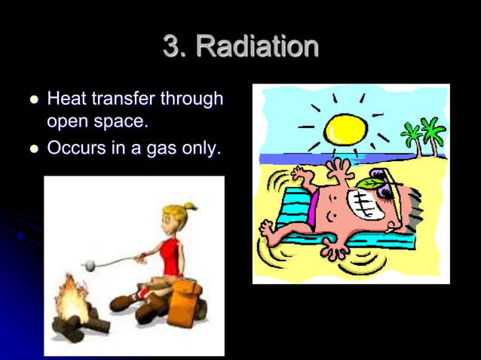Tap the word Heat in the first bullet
65,99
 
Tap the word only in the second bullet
199,148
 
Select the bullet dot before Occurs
31,148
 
